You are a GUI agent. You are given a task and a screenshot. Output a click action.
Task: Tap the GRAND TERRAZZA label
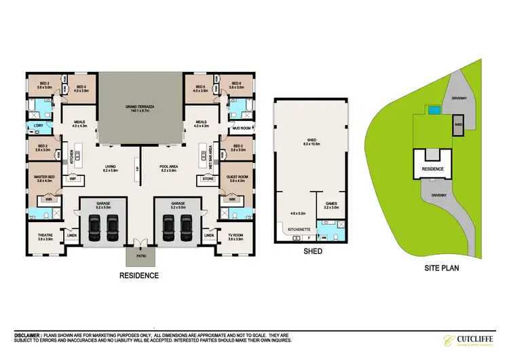click(x=142, y=107)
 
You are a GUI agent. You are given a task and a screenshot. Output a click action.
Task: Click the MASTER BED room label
click(x=44, y=179)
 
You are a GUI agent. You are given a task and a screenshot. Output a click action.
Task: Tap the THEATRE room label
click(x=44, y=237)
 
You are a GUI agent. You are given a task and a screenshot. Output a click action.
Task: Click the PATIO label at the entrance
click(x=140, y=257)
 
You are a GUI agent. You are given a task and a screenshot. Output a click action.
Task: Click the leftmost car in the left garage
click(x=96, y=225)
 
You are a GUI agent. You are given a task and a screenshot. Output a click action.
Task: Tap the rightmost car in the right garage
click(x=185, y=225)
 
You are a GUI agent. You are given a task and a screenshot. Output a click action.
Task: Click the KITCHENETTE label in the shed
click(x=299, y=230)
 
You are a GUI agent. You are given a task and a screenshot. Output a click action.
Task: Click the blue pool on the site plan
click(x=432, y=109)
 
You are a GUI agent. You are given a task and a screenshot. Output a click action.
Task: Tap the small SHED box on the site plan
click(x=458, y=125)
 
